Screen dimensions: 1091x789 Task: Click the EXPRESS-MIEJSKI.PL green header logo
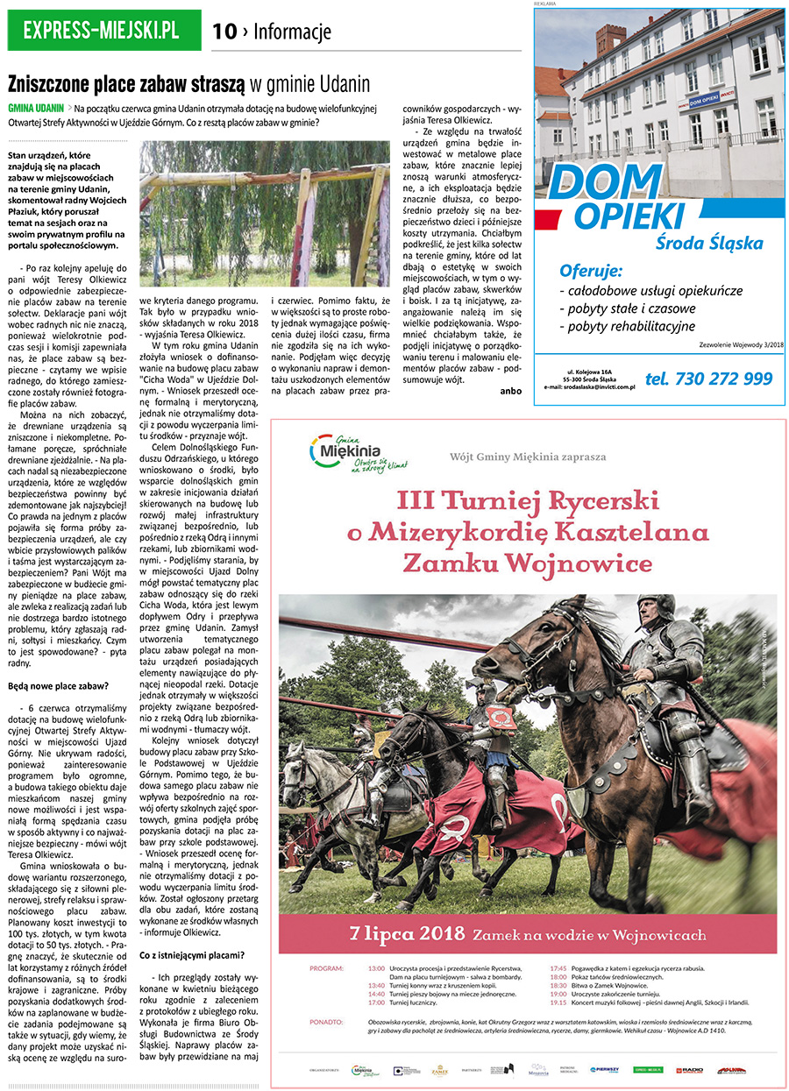tap(102, 31)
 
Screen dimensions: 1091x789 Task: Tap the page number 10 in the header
tap(224, 32)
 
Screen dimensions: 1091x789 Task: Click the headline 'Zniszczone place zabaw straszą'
tap(126, 84)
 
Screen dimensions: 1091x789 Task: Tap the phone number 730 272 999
tap(708, 379)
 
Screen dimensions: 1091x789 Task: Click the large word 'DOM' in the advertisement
tap(593, 181)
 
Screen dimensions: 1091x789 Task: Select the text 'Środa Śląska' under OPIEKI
tap(709, 244)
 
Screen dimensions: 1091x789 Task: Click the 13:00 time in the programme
tap(376, 967)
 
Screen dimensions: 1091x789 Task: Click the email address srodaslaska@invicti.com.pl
tap(588, 386)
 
